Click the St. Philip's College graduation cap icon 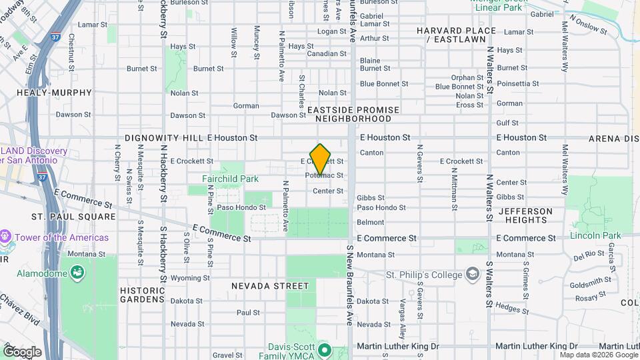(x=472, y=275)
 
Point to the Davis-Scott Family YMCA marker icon (x=325, y=350)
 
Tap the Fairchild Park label (x=230, y=179)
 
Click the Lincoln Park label (x=595, y=235)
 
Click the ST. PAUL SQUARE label (x=73, y=217)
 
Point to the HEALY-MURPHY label (x=43, y=93)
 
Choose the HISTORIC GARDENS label (x=142, y=295)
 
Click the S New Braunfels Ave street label (x=349, y=285)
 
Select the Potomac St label (x=325, y=175)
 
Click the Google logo (x=22, y=351)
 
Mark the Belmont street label (x=370, y=222)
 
